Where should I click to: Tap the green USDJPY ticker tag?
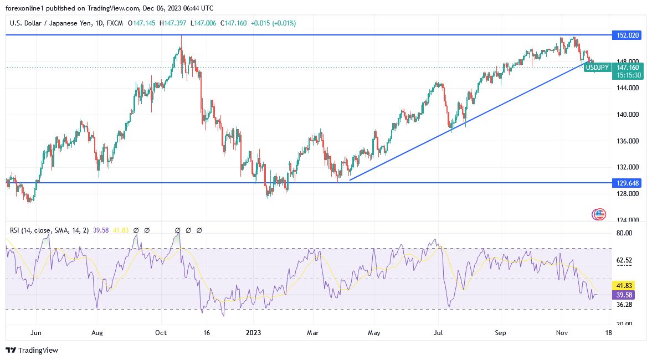[x=597, y=68]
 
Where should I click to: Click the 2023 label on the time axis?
[x=253, y=333]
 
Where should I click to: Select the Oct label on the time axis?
[x=161, y=333]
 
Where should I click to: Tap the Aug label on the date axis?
[x=97, y=333]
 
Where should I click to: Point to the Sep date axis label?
[x=500, y=333]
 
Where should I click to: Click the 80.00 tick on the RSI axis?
[x=624, y=233]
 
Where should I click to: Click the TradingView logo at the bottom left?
[x=32, y=350]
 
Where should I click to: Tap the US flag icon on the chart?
[x=599, y=214]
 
